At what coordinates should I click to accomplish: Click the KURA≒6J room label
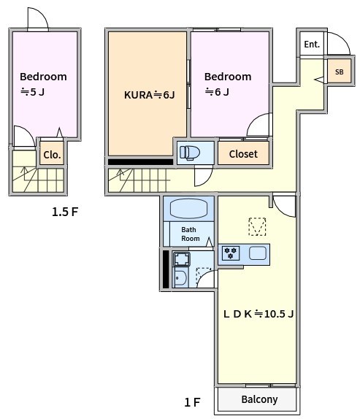pos(149,95)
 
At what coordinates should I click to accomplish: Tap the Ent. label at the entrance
pos(312,45)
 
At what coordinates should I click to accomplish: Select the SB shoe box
pos(338,72)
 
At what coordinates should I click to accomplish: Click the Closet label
pos(243,154)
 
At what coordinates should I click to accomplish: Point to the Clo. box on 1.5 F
pos(51,155)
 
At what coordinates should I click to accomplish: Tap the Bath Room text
pos(190,234)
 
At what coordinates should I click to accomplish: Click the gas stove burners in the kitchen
pos(231,253)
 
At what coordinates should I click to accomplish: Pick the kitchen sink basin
pos(257,253)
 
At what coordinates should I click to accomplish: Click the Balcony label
pos(259,399)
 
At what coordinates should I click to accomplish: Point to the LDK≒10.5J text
pos(258,315)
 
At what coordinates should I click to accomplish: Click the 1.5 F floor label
pos(64,213)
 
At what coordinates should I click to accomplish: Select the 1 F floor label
pos(192,402)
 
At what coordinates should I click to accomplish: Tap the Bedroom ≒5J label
pos(42,83)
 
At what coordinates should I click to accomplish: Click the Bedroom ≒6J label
pos(227,83)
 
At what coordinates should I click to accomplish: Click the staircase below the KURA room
pos(139,178)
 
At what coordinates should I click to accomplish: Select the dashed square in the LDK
pos(257,226)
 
